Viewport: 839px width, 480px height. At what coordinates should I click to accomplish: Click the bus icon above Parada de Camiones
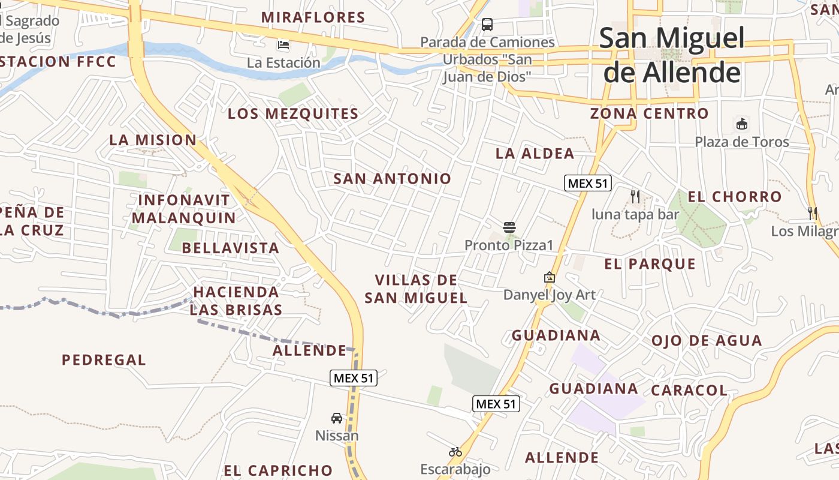(487, 25)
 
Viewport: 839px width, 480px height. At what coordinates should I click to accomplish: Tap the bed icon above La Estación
(283, 45)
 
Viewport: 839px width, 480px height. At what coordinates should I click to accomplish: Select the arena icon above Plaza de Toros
(742, 124)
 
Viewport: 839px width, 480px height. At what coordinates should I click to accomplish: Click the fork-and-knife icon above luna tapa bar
(635, 196)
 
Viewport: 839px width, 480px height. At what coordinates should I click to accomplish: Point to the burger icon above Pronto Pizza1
(509, 227)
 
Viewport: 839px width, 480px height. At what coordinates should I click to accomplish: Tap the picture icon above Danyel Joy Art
(549, 277)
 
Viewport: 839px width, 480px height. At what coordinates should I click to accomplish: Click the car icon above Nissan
(337, 418)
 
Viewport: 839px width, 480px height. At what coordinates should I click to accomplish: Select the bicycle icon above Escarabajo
(455, 452)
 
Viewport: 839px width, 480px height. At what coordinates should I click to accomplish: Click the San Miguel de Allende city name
(672, 55)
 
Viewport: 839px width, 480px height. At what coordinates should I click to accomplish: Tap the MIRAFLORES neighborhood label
(313, 17)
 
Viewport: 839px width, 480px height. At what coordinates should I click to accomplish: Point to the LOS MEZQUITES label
(293, 113)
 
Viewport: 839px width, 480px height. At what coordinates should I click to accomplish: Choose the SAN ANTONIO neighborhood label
(392, 178)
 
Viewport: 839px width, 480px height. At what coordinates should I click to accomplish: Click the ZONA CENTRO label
(649, 113)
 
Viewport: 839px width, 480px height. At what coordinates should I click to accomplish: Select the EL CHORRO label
(734, 196)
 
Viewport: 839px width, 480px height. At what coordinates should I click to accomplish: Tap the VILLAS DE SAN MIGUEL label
(416, 289)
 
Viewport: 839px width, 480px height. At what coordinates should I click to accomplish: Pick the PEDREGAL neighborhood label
(104, 360)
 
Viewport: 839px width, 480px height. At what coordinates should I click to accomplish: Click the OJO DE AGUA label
(707, 341)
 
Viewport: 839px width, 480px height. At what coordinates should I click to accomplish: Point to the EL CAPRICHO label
(278, 470)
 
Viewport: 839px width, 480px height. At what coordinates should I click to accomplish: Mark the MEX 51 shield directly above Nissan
(354, 378)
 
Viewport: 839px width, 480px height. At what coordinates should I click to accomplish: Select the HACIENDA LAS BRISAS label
(236, 301)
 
